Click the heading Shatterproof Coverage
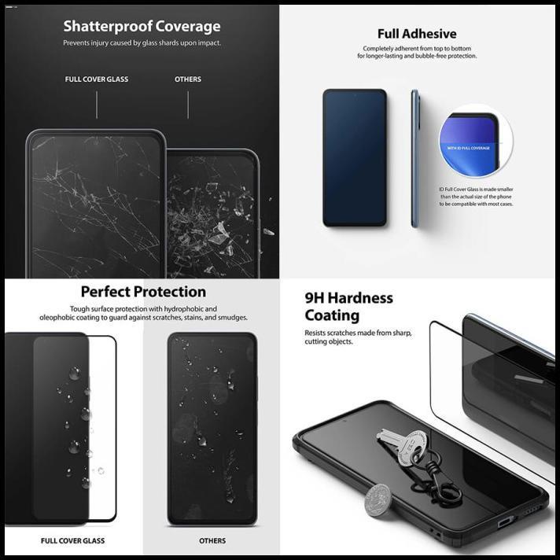click(x=142, y=27)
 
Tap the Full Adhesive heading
click(x=416, y=34)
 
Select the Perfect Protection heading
click(x=143, y=293)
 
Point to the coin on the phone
click(x=378, y=499)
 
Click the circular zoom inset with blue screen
click(x=475, y=142)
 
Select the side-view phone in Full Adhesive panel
click(x=414, y=157)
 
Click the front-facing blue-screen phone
click(x=355, y=157)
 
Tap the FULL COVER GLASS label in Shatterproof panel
click(x=97, y=79)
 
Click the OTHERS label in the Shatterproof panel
click(x=188, y=79)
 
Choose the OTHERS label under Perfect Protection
click(x=212, y=541)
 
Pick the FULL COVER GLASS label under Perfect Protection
click(x=72, y=541)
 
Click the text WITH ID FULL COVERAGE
click(x=468, y=148)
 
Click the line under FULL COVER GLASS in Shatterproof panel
click(x=97, y=105)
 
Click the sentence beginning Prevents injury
click(x=142, y=43)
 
